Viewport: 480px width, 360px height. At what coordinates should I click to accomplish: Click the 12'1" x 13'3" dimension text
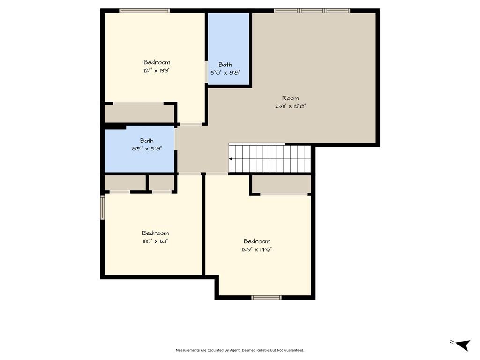pyautogui.click(x=157, y=71)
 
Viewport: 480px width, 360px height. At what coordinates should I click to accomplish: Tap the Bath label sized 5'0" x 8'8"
pyautogui.click(x=225, y=65)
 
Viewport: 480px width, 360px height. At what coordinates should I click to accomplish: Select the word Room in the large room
pyautogui.click(x=290, y=98)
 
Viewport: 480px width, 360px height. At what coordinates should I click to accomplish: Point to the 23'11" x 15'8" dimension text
pyautogui.click(x=290, y=106)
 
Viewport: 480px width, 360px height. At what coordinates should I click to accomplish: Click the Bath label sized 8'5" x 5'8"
pyautogui.click(x=147, y=141)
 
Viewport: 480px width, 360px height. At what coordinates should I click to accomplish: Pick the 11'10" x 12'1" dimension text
pyautogui.click(x=155, y=241)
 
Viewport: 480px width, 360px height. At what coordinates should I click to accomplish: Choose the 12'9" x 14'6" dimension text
pyautogui.click(x=256, y=249)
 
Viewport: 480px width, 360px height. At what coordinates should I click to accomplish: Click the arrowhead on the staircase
pyautogui.click(x=231, y=159)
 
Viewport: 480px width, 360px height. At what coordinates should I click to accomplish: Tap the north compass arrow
pyautogui.click(x=463, y=345)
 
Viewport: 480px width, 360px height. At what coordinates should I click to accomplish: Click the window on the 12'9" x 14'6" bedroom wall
pyautogui.click(x=266, y=297)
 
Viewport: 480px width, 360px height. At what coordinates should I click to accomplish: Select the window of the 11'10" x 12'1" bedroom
pyautogui.click(x=103, y=208)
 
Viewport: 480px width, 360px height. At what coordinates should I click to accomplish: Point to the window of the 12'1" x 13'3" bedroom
pyautogui.click(x=144, y=11)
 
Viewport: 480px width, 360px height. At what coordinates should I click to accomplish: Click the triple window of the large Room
pyautogui.click(x=312, y=11)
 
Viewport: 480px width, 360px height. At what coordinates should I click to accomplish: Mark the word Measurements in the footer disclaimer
pyautogui.click(x=187, y=350)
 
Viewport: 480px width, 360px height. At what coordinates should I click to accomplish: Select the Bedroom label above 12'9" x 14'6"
pyautogui.click(x=257, y=241)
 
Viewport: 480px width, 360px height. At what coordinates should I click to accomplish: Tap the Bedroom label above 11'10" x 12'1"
pyautogui.click(x=155, y=233)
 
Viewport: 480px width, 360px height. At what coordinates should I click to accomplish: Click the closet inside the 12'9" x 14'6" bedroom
pyautogui.click(x=282, y=184)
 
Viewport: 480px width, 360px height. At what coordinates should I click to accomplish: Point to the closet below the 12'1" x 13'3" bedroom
pyautogui.click(x=140, y=114)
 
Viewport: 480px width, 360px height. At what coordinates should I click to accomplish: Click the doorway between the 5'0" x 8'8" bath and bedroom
pyautogui.click(x=206, y=72)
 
